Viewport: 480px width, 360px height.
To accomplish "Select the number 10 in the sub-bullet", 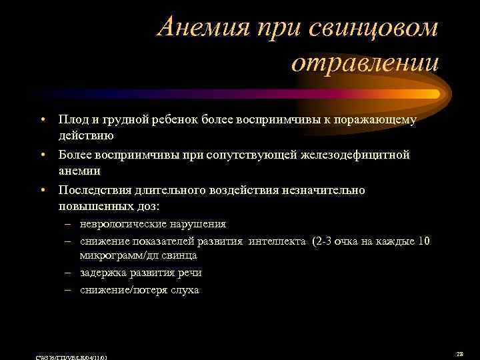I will [423, 241].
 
